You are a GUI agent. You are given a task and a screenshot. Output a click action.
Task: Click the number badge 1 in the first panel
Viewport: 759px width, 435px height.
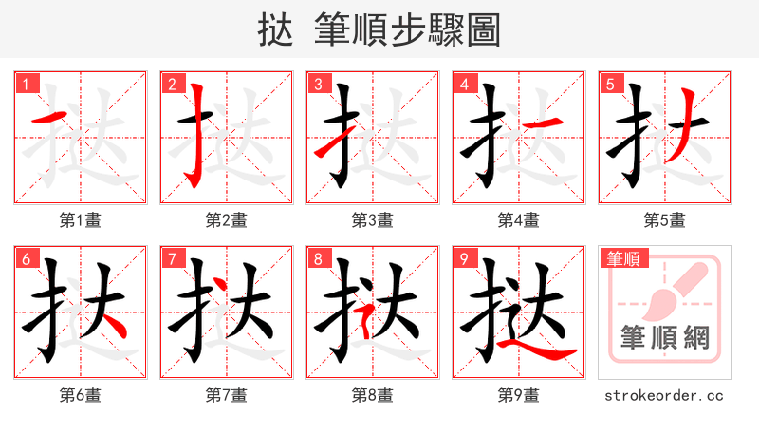(26, 84)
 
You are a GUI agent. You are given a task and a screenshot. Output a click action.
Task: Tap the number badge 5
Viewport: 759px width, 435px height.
(610, 84)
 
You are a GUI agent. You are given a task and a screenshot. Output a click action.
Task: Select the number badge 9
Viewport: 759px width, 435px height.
(464, 258)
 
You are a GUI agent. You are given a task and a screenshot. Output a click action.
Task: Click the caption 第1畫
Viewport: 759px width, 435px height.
(80, 220)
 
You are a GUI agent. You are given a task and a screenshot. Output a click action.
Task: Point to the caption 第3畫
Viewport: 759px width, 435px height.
(372, 220)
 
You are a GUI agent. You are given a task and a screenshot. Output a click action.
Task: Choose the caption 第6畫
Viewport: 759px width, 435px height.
(80, 394)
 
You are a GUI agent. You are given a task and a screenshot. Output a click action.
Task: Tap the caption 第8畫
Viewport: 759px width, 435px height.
(372, 394)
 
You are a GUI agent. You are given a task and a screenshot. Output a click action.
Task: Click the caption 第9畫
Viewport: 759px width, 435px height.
(518, 394)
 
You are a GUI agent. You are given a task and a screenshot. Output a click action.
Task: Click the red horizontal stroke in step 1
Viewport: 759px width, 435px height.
(49, 117)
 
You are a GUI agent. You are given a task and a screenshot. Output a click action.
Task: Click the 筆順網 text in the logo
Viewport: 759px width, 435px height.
(664, 338)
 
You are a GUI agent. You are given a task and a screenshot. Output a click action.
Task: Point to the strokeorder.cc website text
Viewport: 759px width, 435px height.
(664, 394)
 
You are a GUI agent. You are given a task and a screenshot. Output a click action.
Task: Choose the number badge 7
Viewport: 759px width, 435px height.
(172, 258)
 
